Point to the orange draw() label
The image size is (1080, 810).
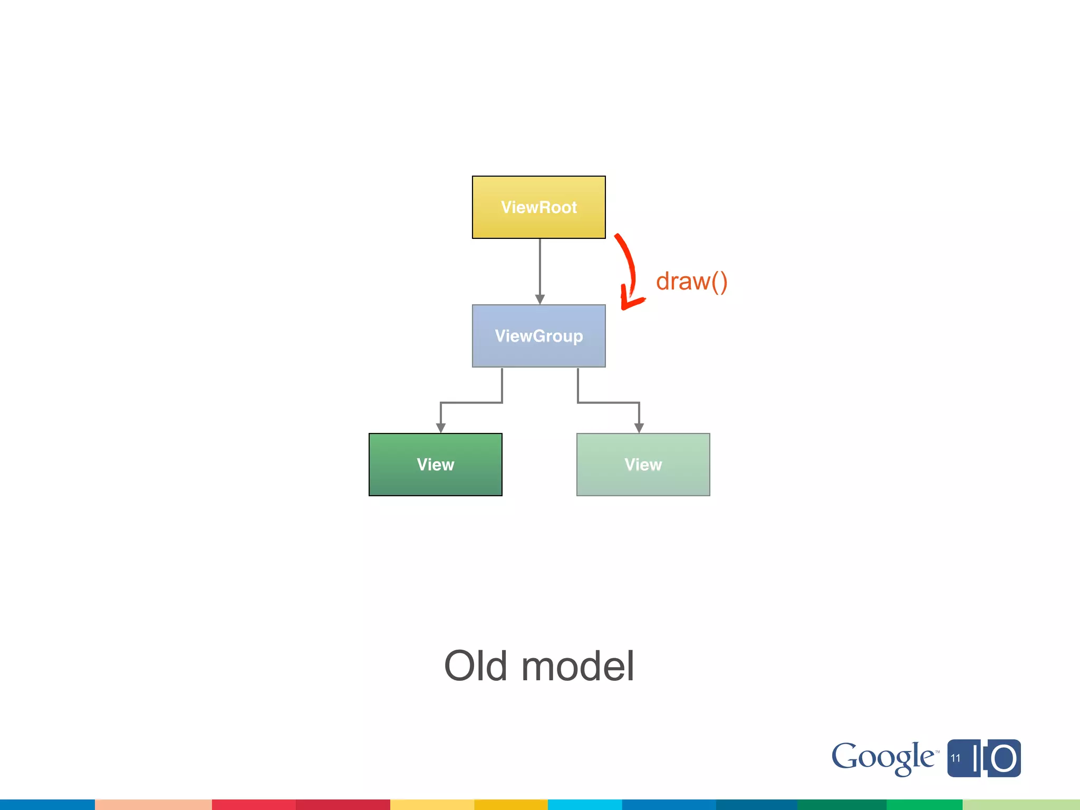(x=691, y=282)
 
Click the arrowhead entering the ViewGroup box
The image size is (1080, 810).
(x=539, y=299)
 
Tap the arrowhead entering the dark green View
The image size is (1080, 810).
(x=441, y=428)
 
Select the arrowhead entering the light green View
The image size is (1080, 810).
(x=639, y=428)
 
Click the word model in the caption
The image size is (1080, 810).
(x=577, y=666)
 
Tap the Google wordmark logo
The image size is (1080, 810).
(x=884, y=758)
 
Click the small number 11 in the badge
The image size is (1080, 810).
(x=956, y=758)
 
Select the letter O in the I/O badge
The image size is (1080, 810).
(x=1003, y=759)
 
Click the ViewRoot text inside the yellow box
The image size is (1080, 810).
(x=538, y=207)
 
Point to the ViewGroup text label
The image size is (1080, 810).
(x=538, y=336)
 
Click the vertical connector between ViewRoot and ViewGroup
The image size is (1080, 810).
(x=539, y=266)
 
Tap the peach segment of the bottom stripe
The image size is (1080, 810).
(x=153, y=804)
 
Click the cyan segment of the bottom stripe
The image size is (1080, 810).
(x=584, y=804)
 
